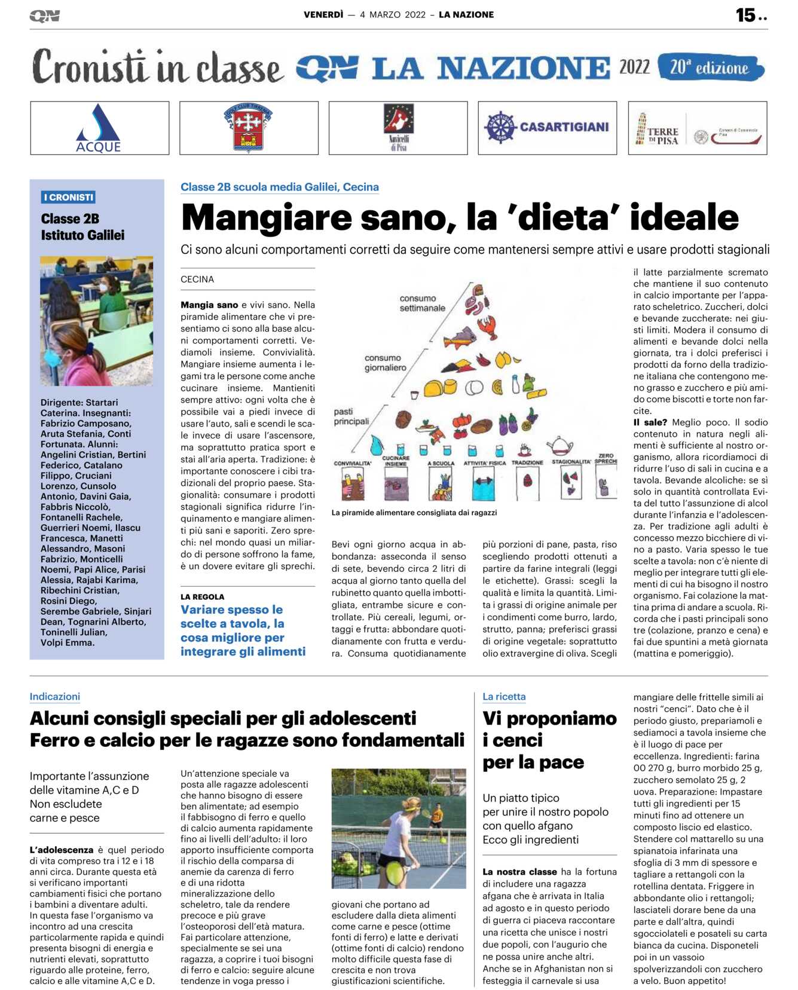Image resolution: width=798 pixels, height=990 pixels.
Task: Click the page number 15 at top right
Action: point(745,15)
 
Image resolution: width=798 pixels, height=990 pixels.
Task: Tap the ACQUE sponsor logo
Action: point(99,128)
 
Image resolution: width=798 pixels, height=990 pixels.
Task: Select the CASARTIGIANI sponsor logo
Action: point(547,127)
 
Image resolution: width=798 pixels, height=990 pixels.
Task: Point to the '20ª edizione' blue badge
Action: point(710,68)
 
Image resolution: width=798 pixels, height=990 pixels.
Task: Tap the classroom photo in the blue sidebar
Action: point(96,321)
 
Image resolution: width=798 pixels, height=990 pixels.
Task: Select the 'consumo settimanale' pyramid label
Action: point(422,304)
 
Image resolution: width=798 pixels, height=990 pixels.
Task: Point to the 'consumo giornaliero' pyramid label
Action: point(385,363)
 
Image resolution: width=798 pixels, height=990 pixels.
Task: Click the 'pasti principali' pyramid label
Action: point(351,416)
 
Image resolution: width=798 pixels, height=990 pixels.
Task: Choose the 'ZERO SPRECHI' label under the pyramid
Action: point(606,458)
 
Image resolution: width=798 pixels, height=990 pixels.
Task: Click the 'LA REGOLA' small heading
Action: point(203,597)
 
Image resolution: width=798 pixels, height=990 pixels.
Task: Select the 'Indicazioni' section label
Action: point(55,697)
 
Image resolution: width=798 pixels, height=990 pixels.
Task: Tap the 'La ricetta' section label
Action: point(504,697)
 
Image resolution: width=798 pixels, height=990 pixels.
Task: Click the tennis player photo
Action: point(399,828)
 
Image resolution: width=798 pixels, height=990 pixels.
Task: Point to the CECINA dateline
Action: point(197,280)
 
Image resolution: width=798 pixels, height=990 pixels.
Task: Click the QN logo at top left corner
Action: point(45,16)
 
